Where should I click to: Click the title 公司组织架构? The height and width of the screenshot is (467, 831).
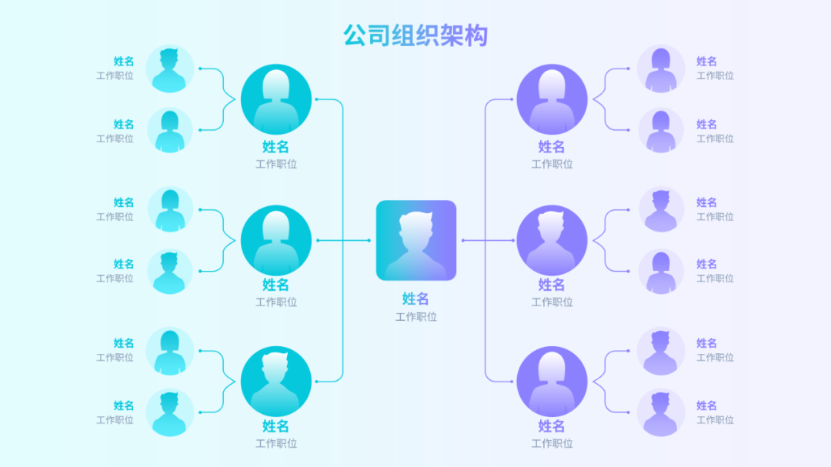(x=415, y=35)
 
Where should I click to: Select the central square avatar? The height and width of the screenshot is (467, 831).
(x=416, y=240)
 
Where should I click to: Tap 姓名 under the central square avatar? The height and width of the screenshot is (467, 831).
(x=415, y=299)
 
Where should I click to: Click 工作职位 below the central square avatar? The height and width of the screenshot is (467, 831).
(x=416, y=317)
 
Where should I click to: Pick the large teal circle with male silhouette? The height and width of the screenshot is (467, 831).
(x=276, y=381)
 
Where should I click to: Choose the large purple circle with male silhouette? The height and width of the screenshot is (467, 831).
(x=552, y=240)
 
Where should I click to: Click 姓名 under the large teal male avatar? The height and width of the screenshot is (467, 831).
(x=275, y=426)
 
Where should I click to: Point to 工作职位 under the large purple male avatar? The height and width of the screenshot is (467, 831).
(x=552, y=302)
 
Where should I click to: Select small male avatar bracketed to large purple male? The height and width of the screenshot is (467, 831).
(x=661, y=209)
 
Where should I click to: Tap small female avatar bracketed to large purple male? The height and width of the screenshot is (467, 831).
(x=661, y=272)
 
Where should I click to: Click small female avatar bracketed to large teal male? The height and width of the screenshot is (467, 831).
(x=169, y=350)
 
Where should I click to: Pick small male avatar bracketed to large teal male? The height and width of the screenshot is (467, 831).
(x=169, y=412)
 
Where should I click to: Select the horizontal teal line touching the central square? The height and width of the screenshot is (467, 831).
(x=343, y=240)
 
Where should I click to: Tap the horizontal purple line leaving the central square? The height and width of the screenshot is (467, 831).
(x=488, y=240)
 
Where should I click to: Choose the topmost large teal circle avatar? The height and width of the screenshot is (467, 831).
(x=276, y=99)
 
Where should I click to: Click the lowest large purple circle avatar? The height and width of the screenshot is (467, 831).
(x=552, y=381)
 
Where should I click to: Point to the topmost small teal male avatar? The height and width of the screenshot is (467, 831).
(x=169, y=68)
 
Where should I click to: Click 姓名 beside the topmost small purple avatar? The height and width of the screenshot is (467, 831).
(x=706, y=62)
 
